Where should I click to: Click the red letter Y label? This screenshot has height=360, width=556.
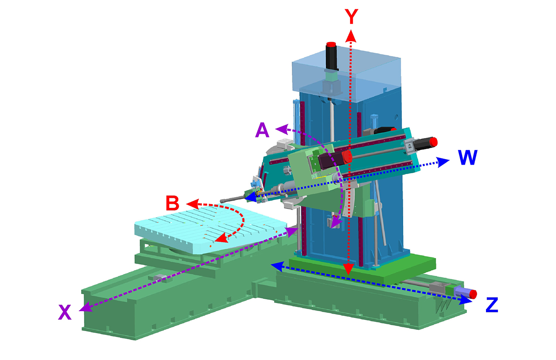tap(351, 17)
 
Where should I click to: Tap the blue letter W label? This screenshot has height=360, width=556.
tap(468, 157)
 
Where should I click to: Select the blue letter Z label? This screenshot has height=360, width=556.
tap(492, 305)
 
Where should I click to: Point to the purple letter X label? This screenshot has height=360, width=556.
tap(65, 312)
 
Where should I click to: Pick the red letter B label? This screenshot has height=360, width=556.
tap(172, 203)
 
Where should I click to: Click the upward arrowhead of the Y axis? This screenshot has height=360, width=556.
tap(351, 36)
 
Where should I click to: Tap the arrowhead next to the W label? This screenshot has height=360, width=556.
tap(443, 162)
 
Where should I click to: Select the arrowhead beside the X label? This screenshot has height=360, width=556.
tap(86, 307)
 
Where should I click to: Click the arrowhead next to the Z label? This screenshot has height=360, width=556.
tap(466, 299)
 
